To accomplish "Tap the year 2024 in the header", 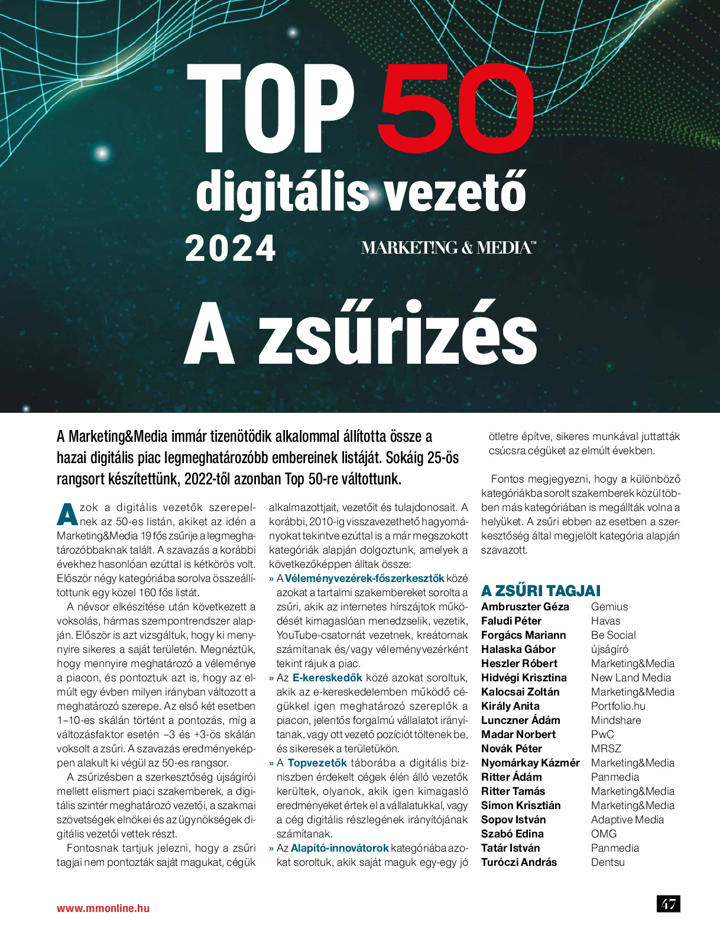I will tap(231, 248).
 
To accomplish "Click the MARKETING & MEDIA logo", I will tap(448, 248).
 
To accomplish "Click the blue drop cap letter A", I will tap(67, 514).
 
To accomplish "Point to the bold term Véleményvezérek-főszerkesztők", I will tap(364, 578).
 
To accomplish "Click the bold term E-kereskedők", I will tap(327, 678).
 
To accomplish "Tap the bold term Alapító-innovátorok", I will tap(339, 848).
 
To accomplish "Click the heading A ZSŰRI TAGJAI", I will tap(540, 591).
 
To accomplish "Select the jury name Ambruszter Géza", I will tap(525, 607).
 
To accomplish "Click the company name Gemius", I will tap(609, 607).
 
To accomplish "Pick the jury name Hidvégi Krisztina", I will tap(524, 678).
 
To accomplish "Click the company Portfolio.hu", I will tap(618, 706).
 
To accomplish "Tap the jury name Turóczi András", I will tap(519, 862).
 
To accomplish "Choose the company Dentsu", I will tap(608, 862).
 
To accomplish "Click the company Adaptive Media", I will tap(627, 820).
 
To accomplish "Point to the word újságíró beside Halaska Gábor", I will tap(609, 649).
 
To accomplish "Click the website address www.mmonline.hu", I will tap(103, 908).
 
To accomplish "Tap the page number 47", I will tap(669, 904).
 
